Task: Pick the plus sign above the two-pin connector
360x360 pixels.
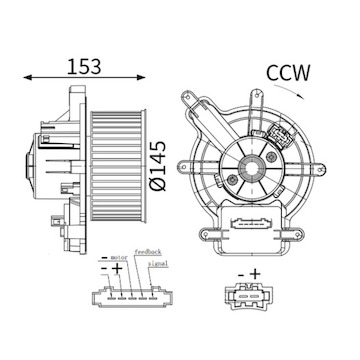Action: click(x=254, y=272)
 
